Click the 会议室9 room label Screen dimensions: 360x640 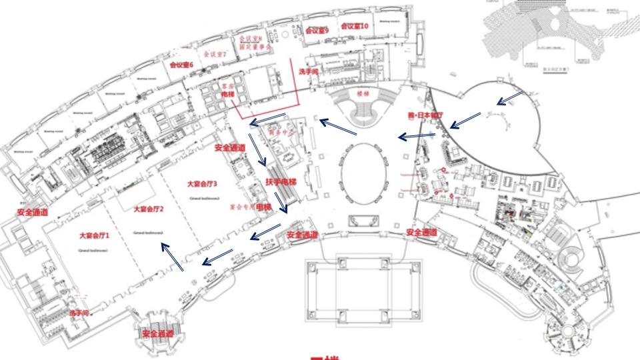(317, 30)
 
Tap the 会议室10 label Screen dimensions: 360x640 (355, 26)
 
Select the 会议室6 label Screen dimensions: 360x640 (181, 65)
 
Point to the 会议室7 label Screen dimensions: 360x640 (215, 53)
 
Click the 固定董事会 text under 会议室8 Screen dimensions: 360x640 (255, 47)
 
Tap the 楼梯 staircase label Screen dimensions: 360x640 (363, 94)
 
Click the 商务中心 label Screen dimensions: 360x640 (281, 131)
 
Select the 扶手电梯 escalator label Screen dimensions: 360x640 (280, 181)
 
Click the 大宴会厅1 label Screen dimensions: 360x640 (93, 235)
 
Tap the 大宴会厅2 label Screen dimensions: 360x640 (149, 209)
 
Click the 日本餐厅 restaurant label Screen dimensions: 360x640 (425, 115)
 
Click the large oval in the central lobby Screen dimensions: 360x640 (363, 171)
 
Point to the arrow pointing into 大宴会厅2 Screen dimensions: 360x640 (171, 257)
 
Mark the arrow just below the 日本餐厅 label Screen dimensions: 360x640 (465, 121)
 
